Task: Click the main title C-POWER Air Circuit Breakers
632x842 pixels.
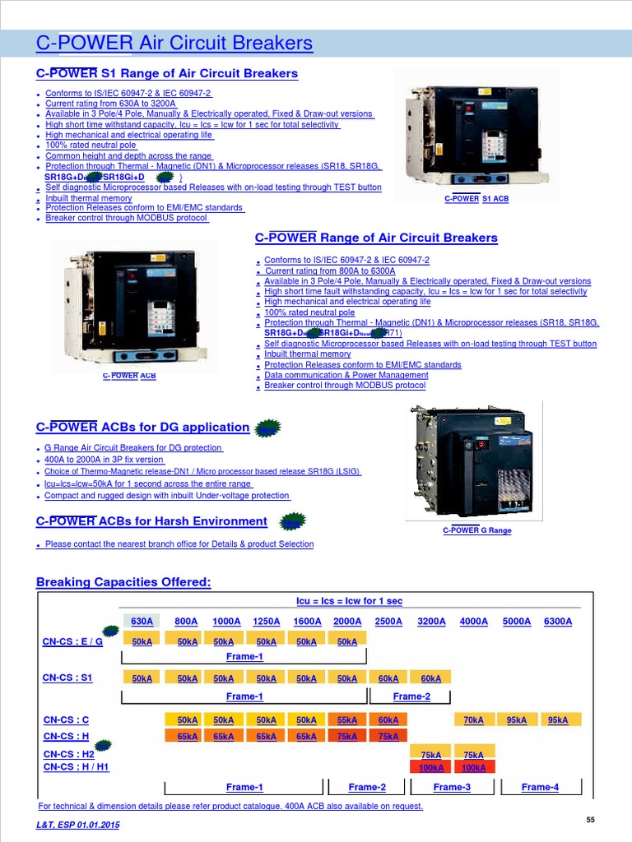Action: tap(174, 43)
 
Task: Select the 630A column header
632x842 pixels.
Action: tap(142, 622)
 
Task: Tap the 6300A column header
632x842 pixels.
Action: tap(558, 622)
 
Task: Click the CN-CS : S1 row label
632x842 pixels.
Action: tap(67, 678)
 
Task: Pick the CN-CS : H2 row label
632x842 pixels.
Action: tap(69, 754)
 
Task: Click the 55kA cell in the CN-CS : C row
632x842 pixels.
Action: tap(347, 720)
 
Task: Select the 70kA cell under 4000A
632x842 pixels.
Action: tap(473, 720)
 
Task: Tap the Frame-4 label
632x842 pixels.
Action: tap(540, 787)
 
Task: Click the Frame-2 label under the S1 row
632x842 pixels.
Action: tap(412, 696)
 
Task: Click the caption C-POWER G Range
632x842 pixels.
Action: tap(477, 530)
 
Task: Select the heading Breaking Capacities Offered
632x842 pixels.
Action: tap(123, 582)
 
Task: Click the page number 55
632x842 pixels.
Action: tap(590, 820)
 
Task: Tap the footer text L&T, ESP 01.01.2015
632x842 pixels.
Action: tap(77, 825)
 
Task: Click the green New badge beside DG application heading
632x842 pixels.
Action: tap(267, 428)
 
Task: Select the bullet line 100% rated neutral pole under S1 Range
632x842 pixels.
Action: tap(91, 145)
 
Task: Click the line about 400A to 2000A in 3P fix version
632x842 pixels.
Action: tap(104, 460)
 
